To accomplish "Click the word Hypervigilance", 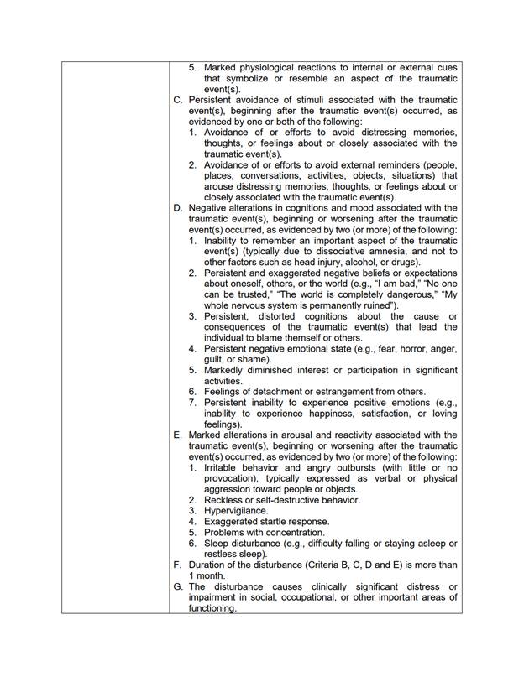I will pyautogui.click(x=236, y=511).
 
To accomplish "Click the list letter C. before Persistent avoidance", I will pyautogui.click(x=178, y=100).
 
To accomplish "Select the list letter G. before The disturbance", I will pyautogui.click(x=178, y=587).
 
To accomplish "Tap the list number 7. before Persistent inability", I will pyautogui.click(x=192, y=403).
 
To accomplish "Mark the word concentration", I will pyautogui.click(x=293, y=533).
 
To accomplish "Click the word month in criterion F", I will pyautogui.click(x=214, y=576).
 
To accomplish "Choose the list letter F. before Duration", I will pyautogui.click(x=178, y=565).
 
